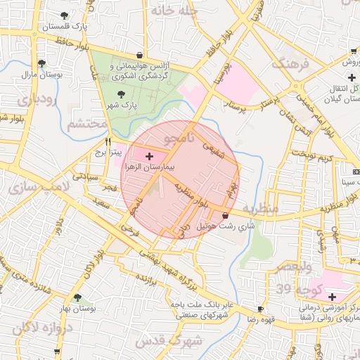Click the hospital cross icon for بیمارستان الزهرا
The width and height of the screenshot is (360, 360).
coord(148,154)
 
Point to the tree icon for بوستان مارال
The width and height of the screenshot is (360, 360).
coord(41,63)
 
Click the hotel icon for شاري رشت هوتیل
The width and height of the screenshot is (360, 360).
coord(225,215)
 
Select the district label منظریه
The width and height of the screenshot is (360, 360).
coord(263,209)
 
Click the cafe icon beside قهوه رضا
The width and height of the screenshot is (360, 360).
coord(261,309)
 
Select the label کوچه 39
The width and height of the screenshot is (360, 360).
coord(294,288)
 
